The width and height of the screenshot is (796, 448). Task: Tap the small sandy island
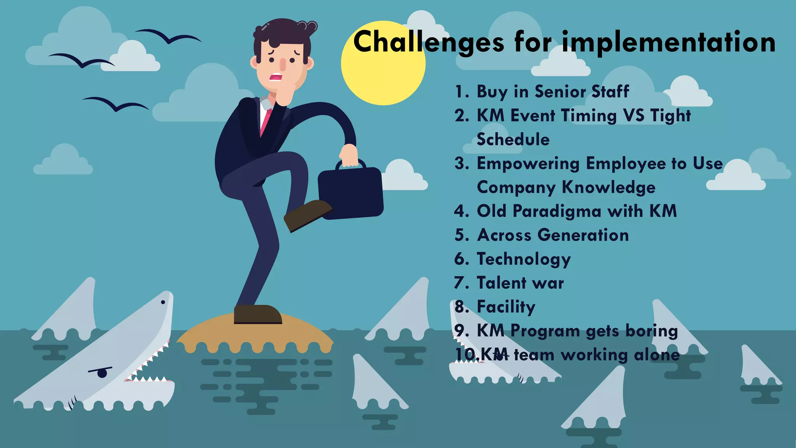255,332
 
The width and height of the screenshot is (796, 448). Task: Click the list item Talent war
520,283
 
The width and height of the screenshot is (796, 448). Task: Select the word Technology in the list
524,259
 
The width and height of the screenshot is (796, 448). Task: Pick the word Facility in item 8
506,307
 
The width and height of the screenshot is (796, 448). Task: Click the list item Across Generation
552,235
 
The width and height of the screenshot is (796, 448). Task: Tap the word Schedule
513,140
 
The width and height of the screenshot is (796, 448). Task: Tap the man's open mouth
276,77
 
